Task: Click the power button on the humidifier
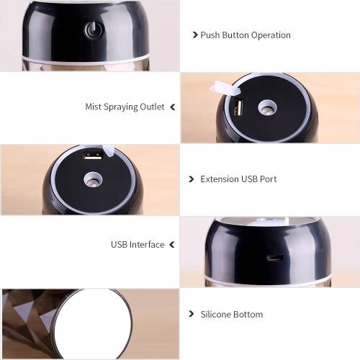point(94,30)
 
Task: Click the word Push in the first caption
point(210,35)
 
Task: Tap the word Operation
point(271,35)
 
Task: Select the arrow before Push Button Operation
point(195,35)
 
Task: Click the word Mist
point(94,107)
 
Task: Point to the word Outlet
point(153,107)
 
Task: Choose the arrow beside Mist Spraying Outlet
point(173,107)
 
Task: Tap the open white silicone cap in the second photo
point(224,88)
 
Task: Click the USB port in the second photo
point(238,108)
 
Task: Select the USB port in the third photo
point(93,156)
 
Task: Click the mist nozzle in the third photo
point(93,180)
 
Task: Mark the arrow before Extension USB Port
point(192,179)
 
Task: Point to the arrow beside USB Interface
point(172,245)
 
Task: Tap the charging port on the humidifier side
point(275,258)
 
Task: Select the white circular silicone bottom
point(93,324)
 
